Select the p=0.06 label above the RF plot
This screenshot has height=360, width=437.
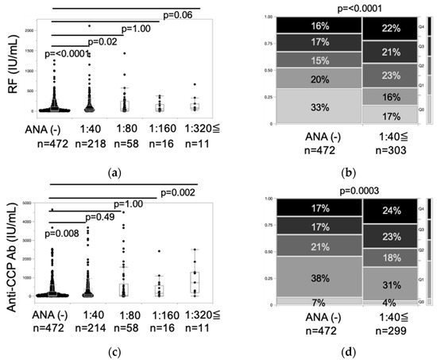(x=182, y=15)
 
